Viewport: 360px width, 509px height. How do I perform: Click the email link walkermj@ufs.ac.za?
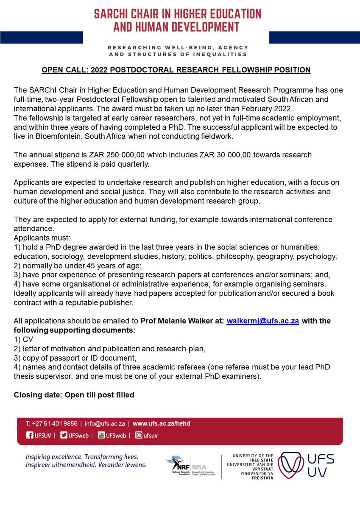(262, 321)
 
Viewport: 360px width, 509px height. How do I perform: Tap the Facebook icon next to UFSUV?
(30, 435)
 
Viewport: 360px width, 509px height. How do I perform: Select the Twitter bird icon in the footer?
(64, 435)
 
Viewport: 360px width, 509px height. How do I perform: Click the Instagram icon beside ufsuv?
(139, 435)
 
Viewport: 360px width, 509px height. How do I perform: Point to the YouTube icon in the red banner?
(101, 435)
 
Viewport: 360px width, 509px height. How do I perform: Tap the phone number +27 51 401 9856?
(52, 423)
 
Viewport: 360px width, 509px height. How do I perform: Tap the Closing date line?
(74, 395)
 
